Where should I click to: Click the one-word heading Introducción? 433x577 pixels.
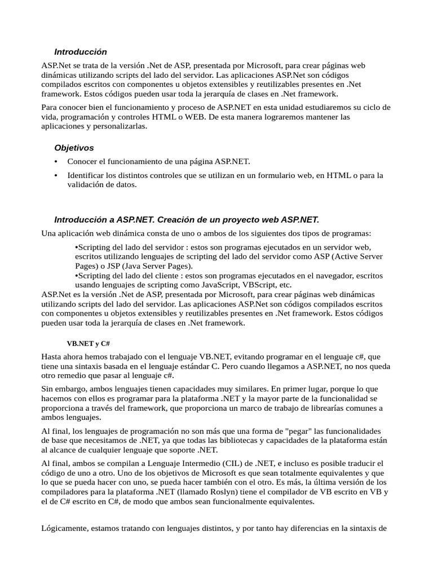(x=80, y=52)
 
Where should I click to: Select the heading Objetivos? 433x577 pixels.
(x=74, y=148)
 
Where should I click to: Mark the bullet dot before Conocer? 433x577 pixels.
(x=55, y=162)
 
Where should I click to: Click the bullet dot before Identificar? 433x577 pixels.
(x=55, y=175)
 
